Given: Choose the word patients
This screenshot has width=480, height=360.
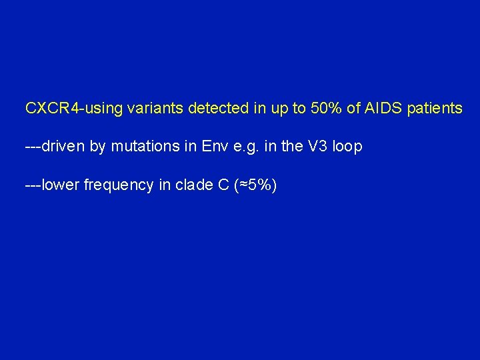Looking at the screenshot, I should pos(433,108).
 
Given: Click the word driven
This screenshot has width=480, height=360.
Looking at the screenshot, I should pos(63,147).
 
